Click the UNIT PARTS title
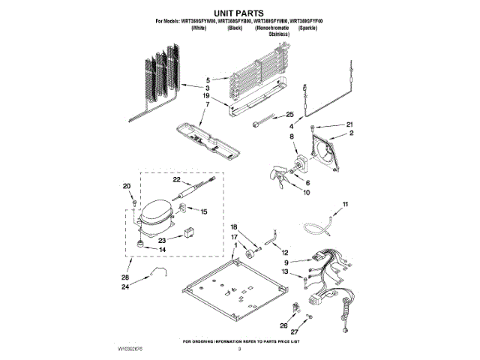point(240,13)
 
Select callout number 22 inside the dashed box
point(177,180)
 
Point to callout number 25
point(289,115)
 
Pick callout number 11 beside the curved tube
point(345,204)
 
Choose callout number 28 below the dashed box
point(125,277)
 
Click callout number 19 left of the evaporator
point(205,96)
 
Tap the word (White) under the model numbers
point(199,27)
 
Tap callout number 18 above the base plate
point(233,227)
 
